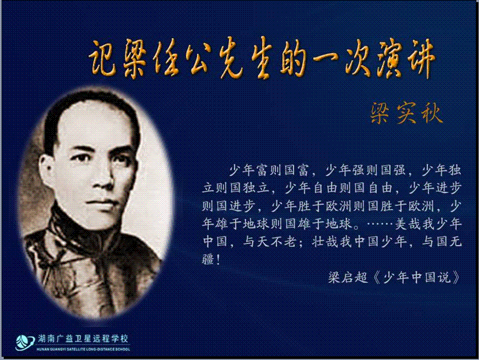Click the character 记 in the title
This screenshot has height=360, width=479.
(x=102, y=58)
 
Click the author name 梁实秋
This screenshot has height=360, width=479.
(x=406, y=113)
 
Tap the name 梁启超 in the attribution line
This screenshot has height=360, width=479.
(x=348, y=277)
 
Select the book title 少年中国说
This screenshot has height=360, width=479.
(x=417, y=277)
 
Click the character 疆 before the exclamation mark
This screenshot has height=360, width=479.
(x=208, y=259)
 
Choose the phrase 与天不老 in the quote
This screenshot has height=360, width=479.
(x=270, y=242)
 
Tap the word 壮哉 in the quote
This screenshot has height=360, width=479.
(x=325, y=242)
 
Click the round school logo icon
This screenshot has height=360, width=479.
(x=24, y=342)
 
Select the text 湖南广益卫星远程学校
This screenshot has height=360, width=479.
(x=83, y=339)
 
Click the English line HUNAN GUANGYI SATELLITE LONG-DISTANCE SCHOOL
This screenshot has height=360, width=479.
(x=83, y=349)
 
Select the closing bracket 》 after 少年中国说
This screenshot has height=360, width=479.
(x=456, y=277)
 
